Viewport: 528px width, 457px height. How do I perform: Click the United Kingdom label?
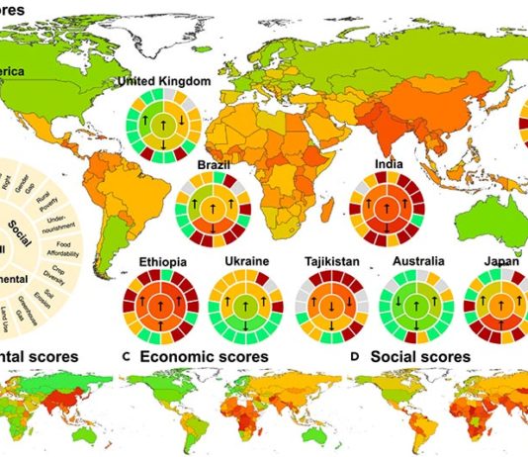click(164, 82)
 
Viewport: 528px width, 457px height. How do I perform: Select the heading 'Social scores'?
click(415, 355)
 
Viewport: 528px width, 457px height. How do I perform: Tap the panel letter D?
click(349, 355)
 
